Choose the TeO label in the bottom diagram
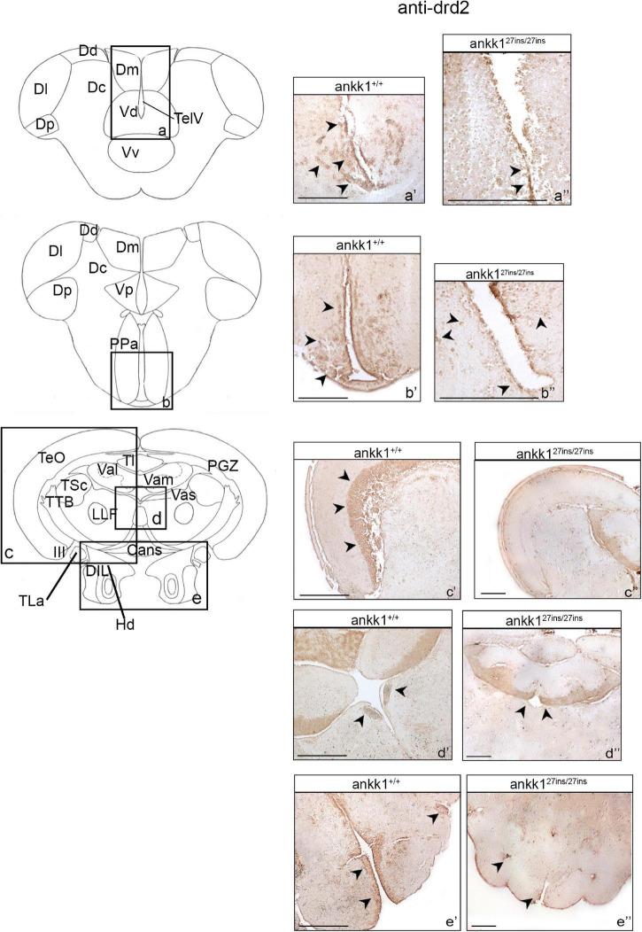click(50, 457)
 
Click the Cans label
click(143, 550)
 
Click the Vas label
click(184, 493)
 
